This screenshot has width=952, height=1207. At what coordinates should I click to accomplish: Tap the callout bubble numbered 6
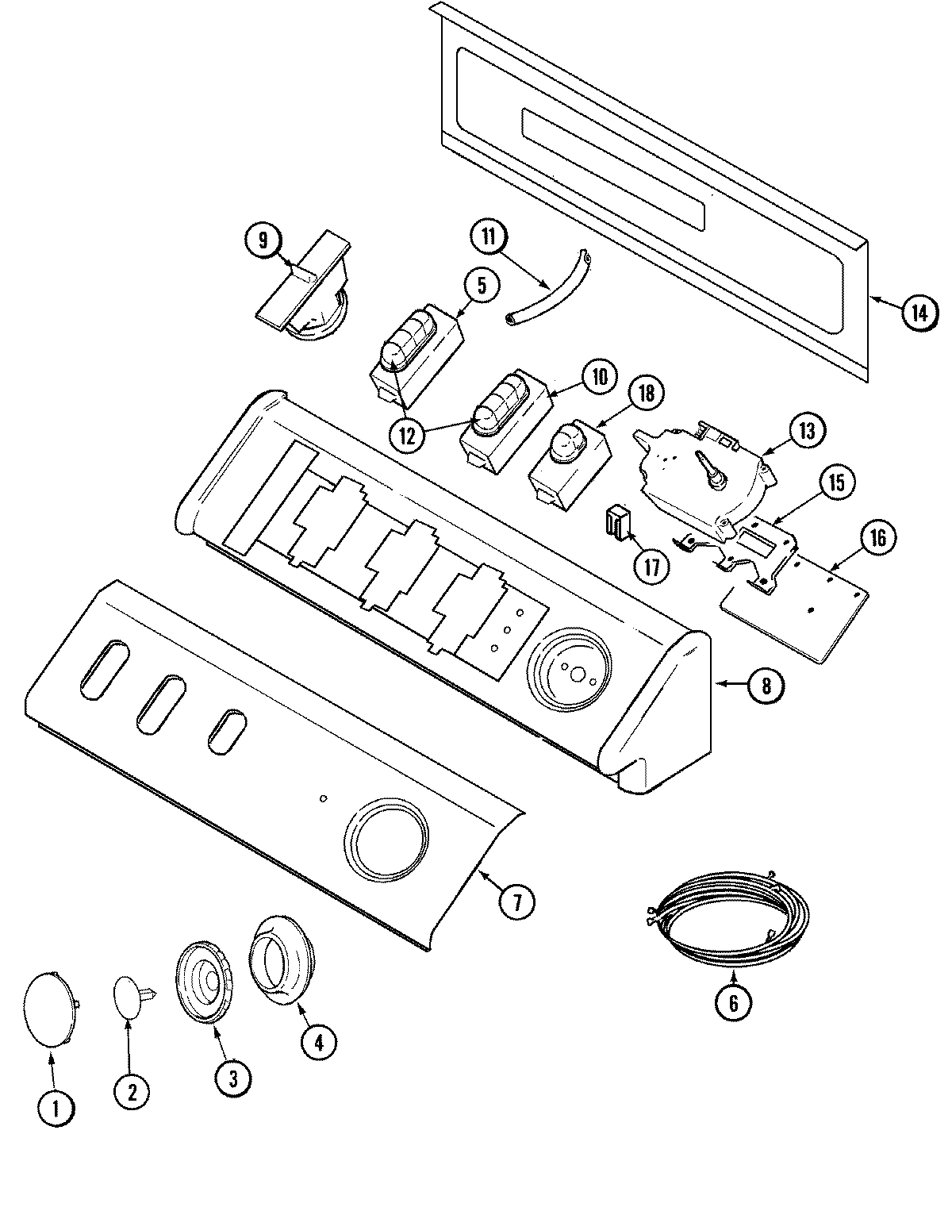[x=732, y=1003]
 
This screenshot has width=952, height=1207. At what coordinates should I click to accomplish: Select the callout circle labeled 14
[x=917, y=313]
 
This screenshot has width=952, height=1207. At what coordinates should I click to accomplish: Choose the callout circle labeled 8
[x=766, y=685]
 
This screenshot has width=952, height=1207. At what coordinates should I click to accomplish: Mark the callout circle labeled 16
[x=877, y=537]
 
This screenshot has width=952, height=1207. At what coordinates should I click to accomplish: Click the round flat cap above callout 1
[x=49, y=1004]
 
